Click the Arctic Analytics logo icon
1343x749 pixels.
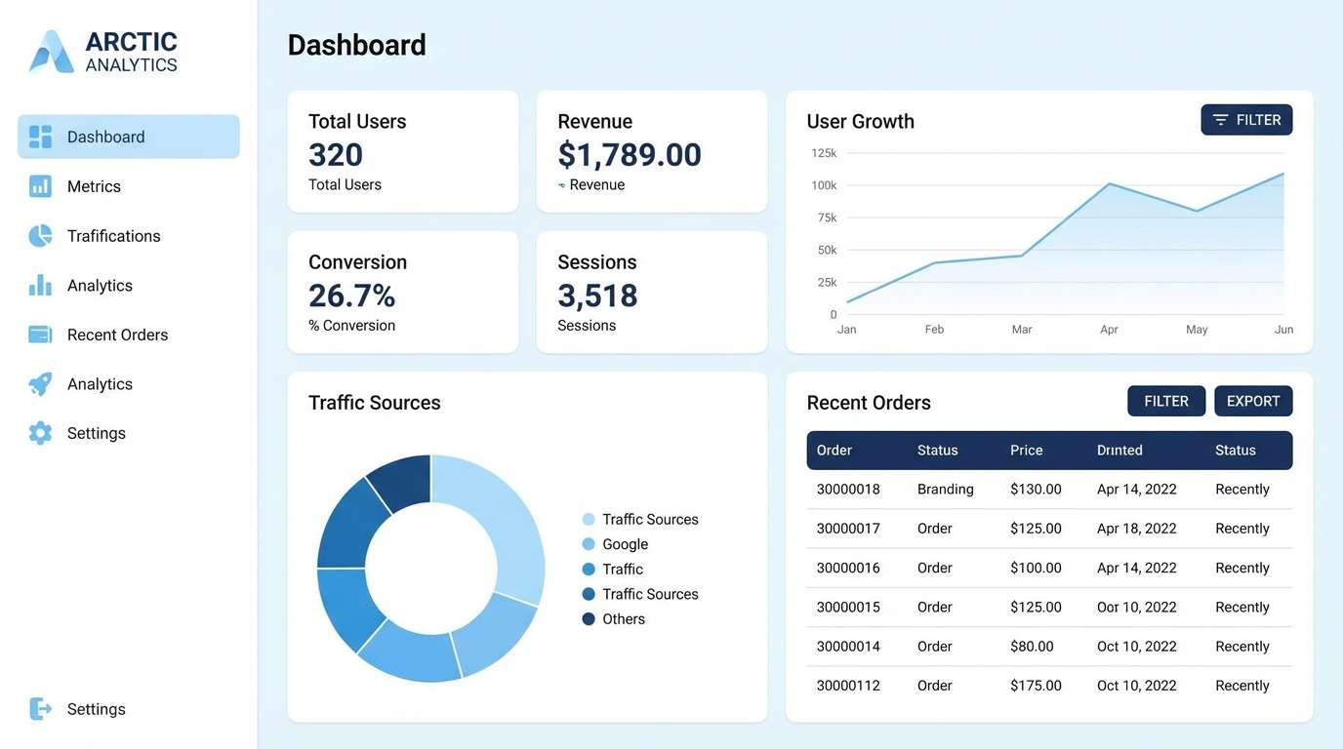click(x=52, y=52)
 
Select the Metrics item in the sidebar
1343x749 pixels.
click(x=94, y=186)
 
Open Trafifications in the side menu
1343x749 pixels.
click(x=113, y=236)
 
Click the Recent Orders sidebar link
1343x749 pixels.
click(x=117, y=335)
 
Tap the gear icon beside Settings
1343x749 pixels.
click(x=40, y=433)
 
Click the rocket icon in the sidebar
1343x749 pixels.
click(x=40, y=384)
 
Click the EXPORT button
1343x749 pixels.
click(x=1252, y=401)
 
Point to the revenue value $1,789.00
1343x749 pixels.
click(x=630, y=155)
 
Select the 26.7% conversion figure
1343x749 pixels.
click(x=351, y=296)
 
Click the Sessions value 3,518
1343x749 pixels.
click(x=597, y=296)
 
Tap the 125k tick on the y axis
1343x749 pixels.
click(x=824, y=153)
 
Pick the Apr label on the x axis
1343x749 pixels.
click(x=1109, y=330)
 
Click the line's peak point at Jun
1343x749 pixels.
click(x=1282, y=174)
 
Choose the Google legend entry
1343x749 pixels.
click(x=625, y=544)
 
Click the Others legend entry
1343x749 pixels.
click(x=623, y=619)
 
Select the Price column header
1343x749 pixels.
click(x=1026, y=451)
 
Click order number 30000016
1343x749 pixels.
click(x=848, y=568)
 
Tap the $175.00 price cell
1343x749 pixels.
click(x=1036, y=686)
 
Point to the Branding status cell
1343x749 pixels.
click(x=945, y=490)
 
